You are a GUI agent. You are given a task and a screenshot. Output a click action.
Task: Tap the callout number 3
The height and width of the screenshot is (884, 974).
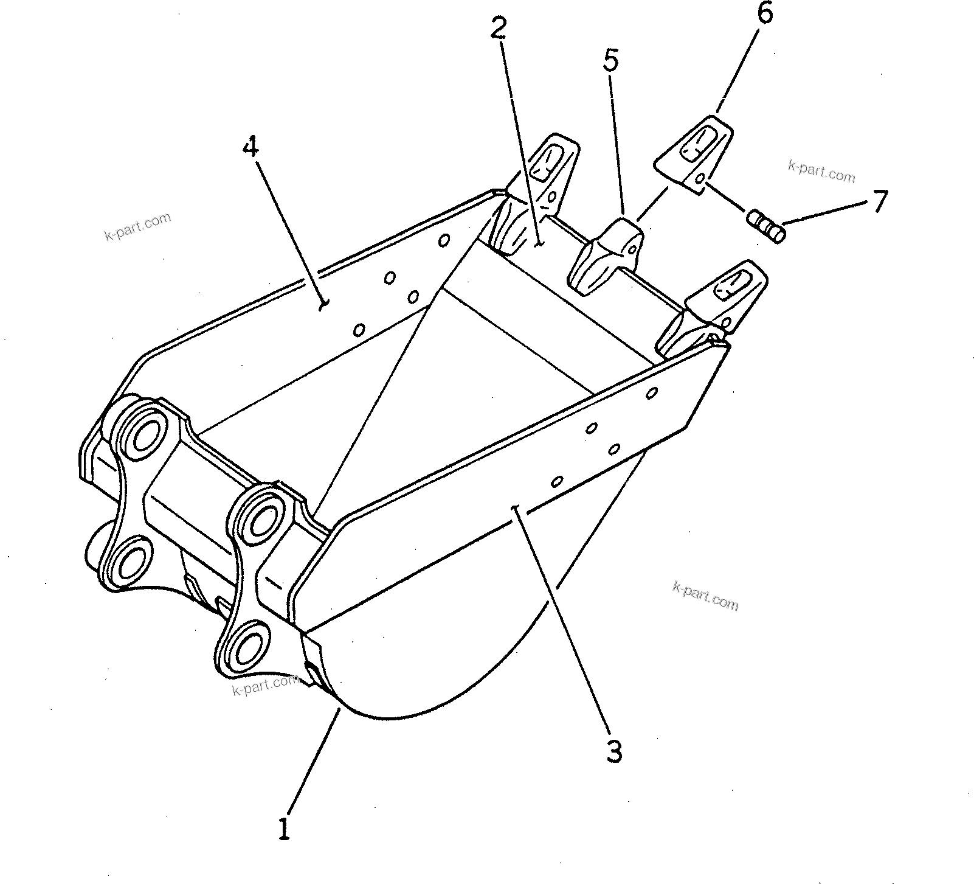click(x=615, y=753)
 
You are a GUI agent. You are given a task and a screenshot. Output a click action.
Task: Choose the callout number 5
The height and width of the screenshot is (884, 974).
click(x=610, y=61)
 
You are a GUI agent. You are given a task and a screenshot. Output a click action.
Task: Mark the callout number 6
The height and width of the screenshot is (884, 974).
click(x=764, y=13)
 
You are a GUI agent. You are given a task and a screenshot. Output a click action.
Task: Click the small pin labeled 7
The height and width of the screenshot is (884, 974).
click(x=765, y=226)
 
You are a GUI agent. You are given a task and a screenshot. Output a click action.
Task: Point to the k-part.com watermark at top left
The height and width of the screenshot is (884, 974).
click(x=138, y=226)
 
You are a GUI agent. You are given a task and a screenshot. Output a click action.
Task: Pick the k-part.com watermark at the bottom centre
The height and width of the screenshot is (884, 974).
click(x=265, y=687)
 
